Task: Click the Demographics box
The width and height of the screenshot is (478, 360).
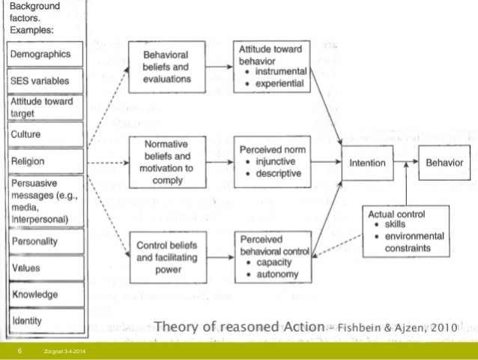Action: pyautogui.click(x=45, y=55)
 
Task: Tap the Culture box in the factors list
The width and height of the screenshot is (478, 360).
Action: pyautogui.click(x=45, y=135)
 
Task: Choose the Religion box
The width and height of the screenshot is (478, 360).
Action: pyautogui.click(x=45, y=160)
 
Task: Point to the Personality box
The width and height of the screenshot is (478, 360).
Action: pyautogui.click(x=45, y=241)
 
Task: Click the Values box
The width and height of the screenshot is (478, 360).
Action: pyautogui.click(x=45, y=268)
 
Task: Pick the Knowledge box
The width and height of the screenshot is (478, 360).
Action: pyautogui.click(x=45, y=294)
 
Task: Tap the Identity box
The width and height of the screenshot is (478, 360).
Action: pyautogui.click(x=45, y=321)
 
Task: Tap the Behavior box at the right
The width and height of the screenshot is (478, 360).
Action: pyautogui.click(x=444, y=162)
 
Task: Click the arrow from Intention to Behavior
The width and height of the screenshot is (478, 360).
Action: pyautogui.click(x=408, y=162)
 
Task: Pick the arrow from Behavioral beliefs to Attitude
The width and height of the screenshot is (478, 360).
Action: pyautogui.click(x=218, y=65)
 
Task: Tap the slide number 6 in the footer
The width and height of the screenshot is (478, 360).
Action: pyautogui.click(x=19, y=351)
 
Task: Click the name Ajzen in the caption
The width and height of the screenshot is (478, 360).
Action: pyautogui.click(x=410, y=328)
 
